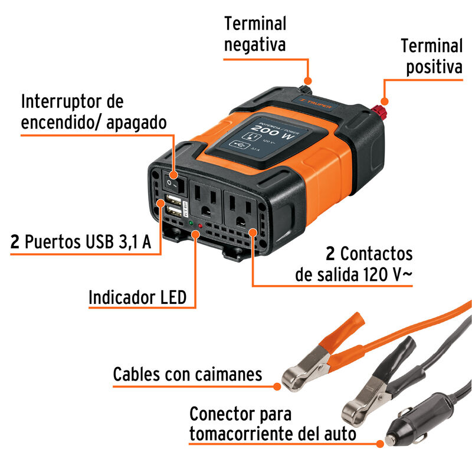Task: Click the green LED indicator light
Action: [191, 224]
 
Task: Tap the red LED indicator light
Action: [201, 225]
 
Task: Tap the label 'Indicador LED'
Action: [137, 297]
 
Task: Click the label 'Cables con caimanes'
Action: [188, 373]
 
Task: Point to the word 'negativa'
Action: [255, 44]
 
